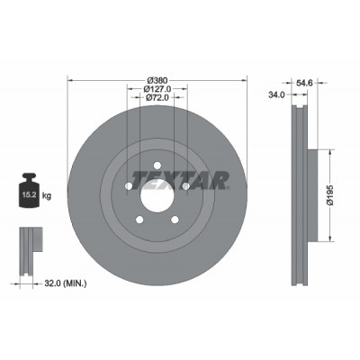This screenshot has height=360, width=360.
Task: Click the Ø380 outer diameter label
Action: [157, 80]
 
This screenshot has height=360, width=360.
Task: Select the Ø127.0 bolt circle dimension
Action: [157, 89]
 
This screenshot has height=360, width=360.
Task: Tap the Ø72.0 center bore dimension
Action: [157, 97]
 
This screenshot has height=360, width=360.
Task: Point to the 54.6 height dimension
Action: [304, 83]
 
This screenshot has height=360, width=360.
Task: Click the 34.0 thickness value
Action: [276, 94]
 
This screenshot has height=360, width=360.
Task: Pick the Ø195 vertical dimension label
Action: [329, 195]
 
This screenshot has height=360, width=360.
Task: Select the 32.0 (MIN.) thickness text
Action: [66, 283]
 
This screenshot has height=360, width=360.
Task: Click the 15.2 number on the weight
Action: [30, 195]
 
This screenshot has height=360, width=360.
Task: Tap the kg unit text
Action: [47, 196]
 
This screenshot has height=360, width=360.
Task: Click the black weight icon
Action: [30, 190]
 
